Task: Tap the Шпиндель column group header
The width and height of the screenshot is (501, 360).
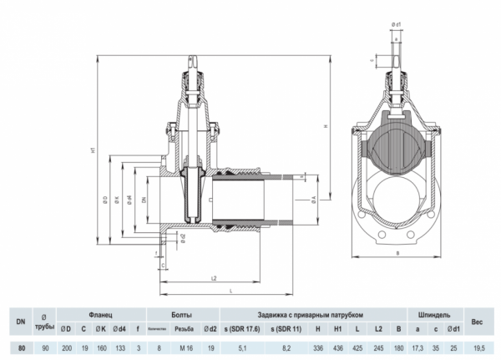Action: click(x=435, y=315)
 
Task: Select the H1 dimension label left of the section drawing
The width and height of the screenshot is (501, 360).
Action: click(x=94, y=150)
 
